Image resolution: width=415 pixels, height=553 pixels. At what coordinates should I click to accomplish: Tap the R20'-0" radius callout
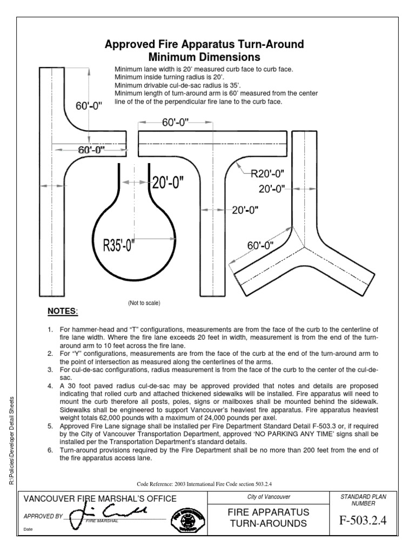[268, 173]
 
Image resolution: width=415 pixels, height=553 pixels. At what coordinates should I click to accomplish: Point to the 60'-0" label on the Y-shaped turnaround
[260, 245]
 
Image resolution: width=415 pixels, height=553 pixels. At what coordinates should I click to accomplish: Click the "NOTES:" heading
[63, 312]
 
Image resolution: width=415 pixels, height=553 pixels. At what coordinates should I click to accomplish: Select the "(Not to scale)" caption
[144, 303]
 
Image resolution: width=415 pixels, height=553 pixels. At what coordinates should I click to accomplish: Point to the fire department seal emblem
[191, 519]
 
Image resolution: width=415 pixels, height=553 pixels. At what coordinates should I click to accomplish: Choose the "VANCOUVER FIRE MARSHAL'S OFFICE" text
[99, 498]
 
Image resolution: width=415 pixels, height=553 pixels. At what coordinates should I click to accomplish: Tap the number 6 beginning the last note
[49, 450]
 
